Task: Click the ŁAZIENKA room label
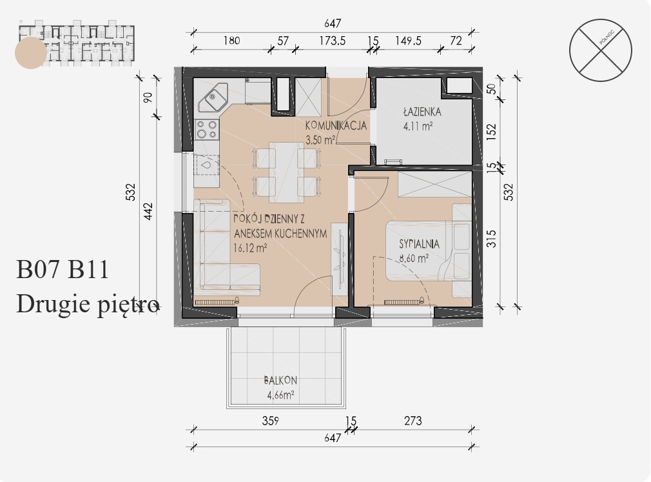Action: (422, 112)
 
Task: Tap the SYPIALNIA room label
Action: (420, 244)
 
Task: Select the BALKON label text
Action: (280, 380)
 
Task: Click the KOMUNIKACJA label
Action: (336, 125)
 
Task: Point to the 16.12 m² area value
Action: (250, 248)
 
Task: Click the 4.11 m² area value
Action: (418, 126)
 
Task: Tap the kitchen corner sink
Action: (213, 97)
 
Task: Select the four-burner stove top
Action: (207, 129)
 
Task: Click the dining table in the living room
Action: (286, 172)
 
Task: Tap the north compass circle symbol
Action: (600, 50)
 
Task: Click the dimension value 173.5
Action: (332, 41)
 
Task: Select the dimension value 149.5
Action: (408, 41)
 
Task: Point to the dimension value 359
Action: (270, 421)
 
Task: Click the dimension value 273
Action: (413, 421)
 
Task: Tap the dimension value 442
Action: (148, 212)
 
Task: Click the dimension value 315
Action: (492, 239)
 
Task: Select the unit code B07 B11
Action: (63, 269)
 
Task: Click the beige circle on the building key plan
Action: (31, 53)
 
